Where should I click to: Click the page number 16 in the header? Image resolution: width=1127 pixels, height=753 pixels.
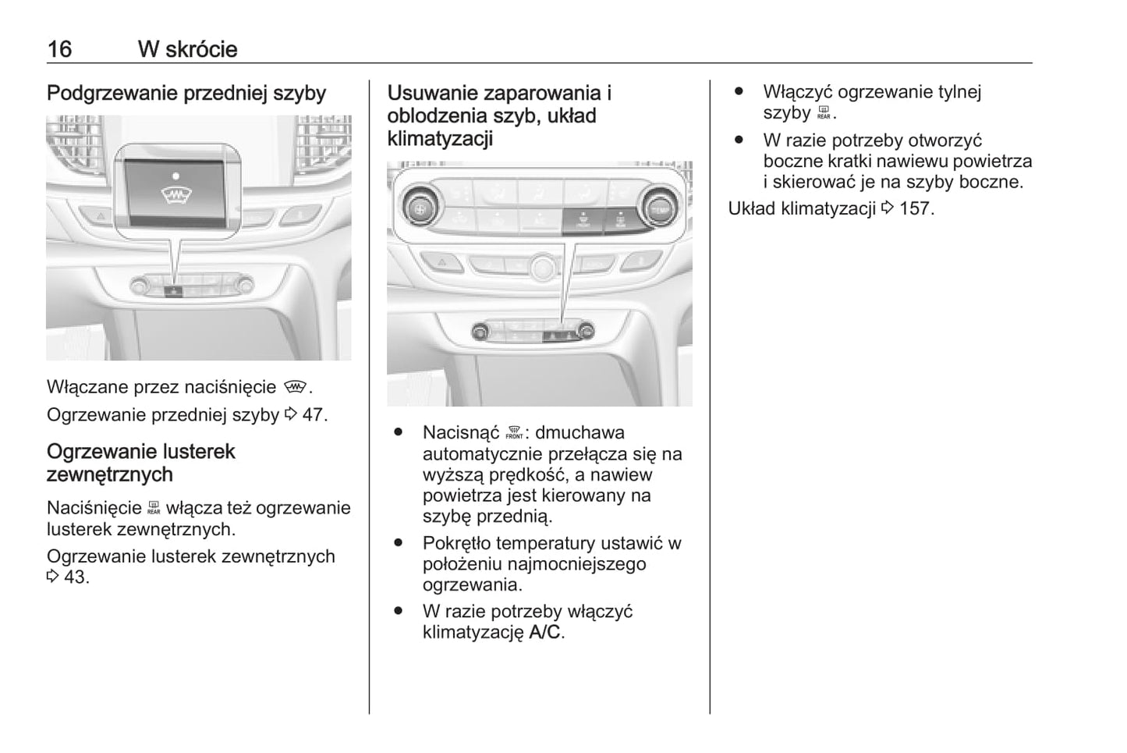pos(59,49)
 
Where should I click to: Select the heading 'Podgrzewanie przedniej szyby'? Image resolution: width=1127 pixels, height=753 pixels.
pos(186,94)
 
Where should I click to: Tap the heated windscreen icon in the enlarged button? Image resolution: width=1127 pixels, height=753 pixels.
pos(177,195)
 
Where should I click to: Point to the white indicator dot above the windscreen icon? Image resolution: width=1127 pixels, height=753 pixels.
pos(177,176)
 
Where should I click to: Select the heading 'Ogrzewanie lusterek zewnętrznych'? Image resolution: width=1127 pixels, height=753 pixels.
pos(140,463)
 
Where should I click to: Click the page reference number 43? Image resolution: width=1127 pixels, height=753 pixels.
pos(76,577)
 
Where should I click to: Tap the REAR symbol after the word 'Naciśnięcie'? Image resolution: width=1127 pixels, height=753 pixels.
pos(154,509)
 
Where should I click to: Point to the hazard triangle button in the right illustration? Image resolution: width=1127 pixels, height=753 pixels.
pos(441,262)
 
